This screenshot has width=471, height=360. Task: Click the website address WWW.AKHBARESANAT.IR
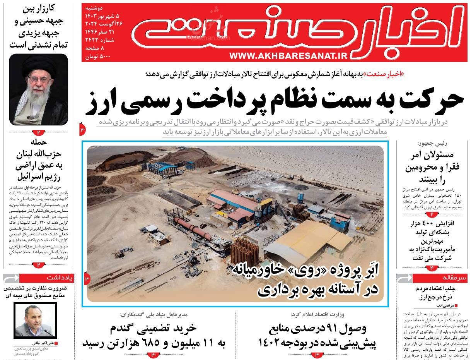(x=288, y=56)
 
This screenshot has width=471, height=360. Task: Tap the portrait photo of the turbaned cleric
(x=38, y=89)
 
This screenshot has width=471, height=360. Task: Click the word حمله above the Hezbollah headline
(x=38, y=142)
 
